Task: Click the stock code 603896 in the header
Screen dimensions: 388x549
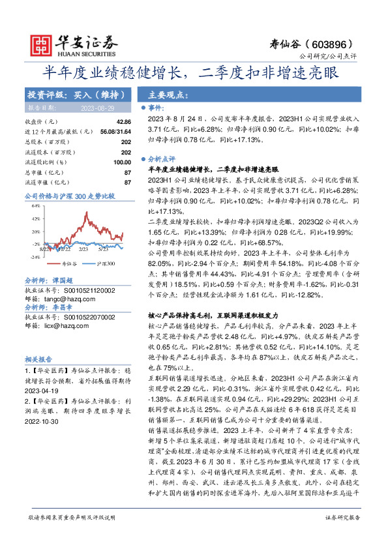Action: click(331, 44)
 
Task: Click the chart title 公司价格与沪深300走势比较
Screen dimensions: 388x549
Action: click(69, 195)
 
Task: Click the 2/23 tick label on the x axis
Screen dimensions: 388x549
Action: click(83, 249)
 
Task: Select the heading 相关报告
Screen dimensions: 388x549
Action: click(38, 359)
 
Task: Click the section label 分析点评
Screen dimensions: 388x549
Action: click(162, 158)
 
